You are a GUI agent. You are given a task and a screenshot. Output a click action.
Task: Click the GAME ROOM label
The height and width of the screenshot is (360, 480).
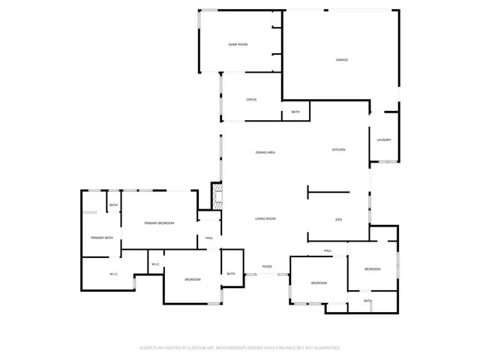pyautogui.click(x=238, y=45)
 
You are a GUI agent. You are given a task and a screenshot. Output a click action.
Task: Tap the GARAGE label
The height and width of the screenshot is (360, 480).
pyautogui.click(x=341, y=60)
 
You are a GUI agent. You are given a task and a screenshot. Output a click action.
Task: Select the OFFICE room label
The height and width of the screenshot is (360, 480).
pyautogui.click(x=252, y=99)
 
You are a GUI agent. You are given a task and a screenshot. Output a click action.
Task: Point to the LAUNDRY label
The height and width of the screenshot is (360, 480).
pyautogui.click(x=384, y=140)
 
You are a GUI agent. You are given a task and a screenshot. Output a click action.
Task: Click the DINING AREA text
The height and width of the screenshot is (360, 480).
pyautogui.click(x=265, y=153)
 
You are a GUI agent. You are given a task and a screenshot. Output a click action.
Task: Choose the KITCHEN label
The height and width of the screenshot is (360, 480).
pyautogui.click(x=339, y=150)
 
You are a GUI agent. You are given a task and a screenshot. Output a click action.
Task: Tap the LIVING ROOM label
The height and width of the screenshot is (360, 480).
pyautogui.click(x=265, y=219)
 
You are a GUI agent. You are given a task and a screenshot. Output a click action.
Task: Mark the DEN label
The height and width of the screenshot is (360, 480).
pyautogui.click(x=339, y=219)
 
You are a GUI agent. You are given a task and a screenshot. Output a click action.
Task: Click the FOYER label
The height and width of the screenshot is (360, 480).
pyautogui.click(x=267, y=267)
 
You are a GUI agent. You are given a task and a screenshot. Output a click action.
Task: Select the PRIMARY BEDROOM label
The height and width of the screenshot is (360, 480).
pyautogui.click(x=160, y=223)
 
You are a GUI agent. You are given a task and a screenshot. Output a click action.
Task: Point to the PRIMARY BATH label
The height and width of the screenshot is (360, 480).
pyautogui.click(x=102, y=238)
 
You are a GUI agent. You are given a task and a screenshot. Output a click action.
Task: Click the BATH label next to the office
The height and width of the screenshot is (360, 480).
pyautogui.click(x=295, y=112)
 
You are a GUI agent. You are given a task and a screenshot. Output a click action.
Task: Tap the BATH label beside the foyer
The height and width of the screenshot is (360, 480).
pyautogui.click(x=231, y=274)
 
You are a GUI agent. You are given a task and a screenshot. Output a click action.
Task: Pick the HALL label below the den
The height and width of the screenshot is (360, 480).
pyautogui.click(x=328, y=250)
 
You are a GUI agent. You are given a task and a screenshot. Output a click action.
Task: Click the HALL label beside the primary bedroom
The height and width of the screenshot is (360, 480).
pyautogui.click(x=209, y=238)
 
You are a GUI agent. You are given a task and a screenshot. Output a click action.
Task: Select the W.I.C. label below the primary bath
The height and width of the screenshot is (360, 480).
pyautogui.click(x=114, y=274)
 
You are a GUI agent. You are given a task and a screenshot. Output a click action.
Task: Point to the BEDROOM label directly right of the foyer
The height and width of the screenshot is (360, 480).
pyautogui.click(x=319, y=283)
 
